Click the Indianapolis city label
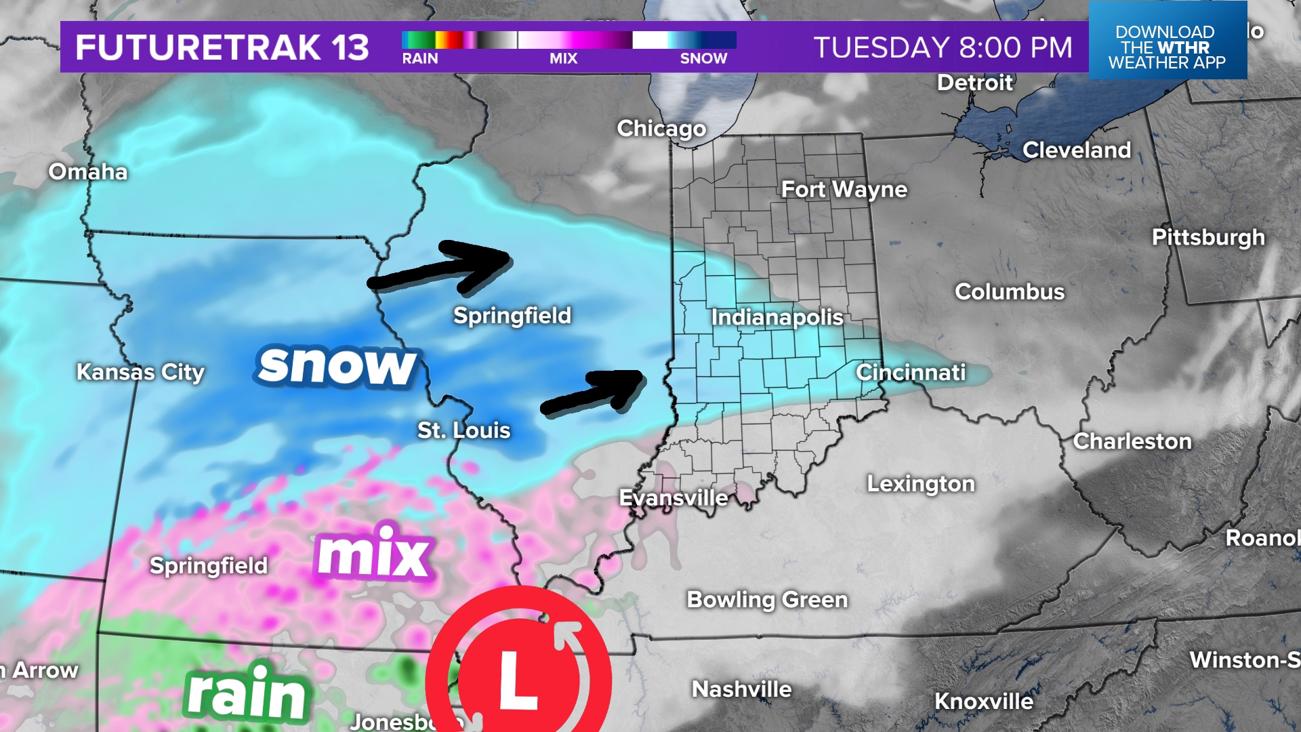pyautogui.click(x=777, y=317)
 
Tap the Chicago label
pyautogui.click(x=661, y=128)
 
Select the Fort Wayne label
pyautogui.click(x=844, y=189)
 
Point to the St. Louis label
pyautogui.click(x=463, y=430)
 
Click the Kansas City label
pyautogui.click(x=140, y=371)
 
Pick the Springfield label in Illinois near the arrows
pyautogui.click(x=512, y=315)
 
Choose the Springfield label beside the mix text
pyautogui.click(x=209, y=565)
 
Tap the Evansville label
pyautogui.click(x=674, y=497)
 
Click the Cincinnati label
pyautogui.click(x=911, y=372)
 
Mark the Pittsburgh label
pyautogui.click(x=1208, y=237)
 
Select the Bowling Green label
pyautogui.click(x=767, y=599)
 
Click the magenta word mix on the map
pyautogui.click(x=373, y=552)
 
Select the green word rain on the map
pyautogui.click(x=247, y=693)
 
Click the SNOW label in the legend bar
pyautogui.click(x=703, y=58)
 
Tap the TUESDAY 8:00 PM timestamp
pyautogui.click(x=943, y=47)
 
